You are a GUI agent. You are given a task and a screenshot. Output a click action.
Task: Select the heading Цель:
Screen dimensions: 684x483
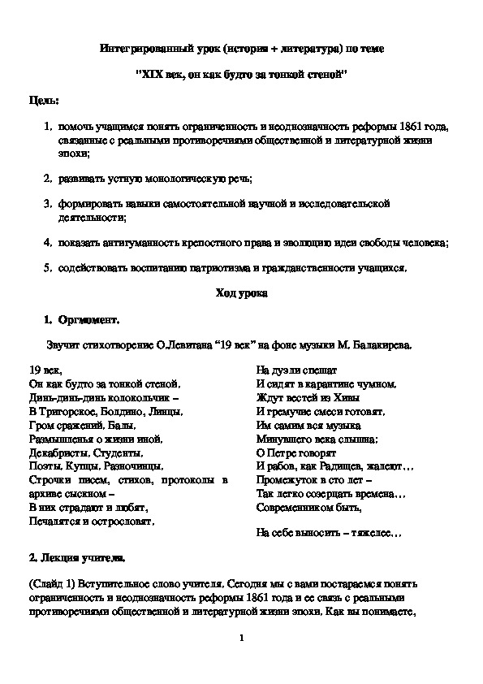click(43, 99)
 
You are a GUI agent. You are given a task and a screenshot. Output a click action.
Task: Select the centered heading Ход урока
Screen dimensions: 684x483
click(241, 292)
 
